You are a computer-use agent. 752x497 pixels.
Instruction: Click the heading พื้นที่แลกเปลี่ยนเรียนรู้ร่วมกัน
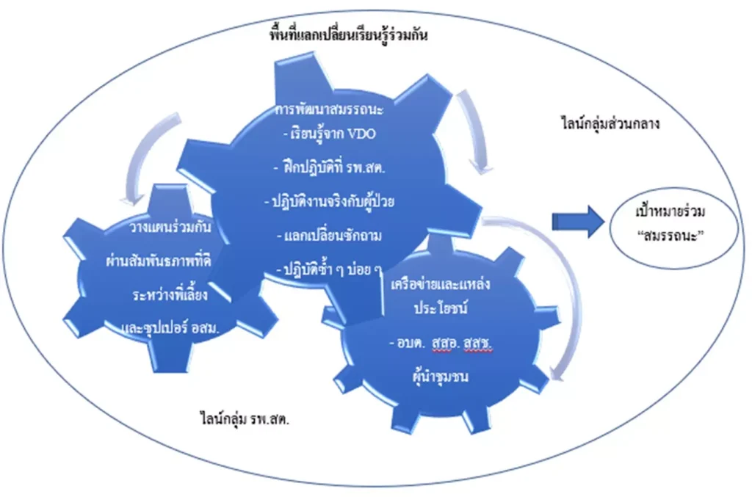pyautogui.click(x=349, y=35)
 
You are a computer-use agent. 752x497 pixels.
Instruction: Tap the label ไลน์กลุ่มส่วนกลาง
pyautogui.click(x=610, y=123)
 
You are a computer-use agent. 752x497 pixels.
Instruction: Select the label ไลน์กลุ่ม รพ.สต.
pyautogui.click(x=244, y=419)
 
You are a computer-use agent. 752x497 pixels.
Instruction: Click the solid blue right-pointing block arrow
pyautogui.click(x=578, y=222)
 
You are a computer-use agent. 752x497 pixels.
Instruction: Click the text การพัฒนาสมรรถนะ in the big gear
pyautogui.click(x=330, y=110)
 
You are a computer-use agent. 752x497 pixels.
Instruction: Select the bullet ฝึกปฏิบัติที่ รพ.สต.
pyautogui.click(x=330, y=167)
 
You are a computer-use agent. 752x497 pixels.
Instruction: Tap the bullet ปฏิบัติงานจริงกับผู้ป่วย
pyautogui.click(x=330, y=200)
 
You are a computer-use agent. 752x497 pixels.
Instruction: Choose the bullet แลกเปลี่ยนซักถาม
pyautogui.click(x=330, y=236)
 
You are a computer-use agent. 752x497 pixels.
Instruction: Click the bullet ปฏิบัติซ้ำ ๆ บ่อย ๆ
pyautogui.click(x=330, y=269)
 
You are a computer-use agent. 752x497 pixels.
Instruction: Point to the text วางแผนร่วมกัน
pyautogui.click(x=170, y=226)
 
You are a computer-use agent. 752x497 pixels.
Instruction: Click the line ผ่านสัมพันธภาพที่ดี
pyautogui.click(x=159, y=260)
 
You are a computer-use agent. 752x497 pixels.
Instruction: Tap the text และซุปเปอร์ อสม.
pyautogui.click(x=170, y=328)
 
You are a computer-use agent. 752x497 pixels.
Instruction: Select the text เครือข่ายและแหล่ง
pyautogui.click(x=441, y=283)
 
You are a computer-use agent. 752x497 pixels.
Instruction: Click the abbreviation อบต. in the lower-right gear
pyautogui.click(x=407, y=343)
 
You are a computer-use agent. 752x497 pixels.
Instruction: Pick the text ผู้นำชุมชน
pyautogui.click(x=441, y=376)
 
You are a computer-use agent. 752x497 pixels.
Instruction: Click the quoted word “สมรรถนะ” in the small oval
pyautogui.click(x=670, y=236)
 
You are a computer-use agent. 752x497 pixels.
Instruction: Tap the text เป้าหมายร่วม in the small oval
pyautogui.click(x=670, y=211)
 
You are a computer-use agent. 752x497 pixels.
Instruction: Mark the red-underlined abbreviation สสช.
pyautogui.click(x=477, y=343)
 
